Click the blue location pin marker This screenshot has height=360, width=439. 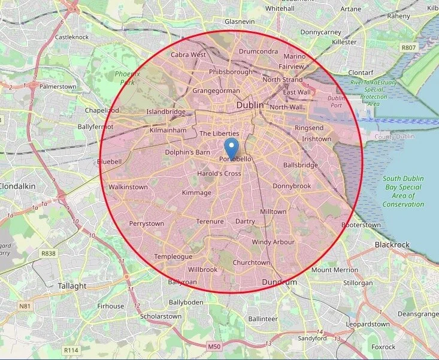tap(231, 147)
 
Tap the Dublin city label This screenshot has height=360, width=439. tap(250, 105)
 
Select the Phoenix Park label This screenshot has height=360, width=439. tap(126, 77)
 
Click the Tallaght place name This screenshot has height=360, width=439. tap(72, 286)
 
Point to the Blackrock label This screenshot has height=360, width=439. tap(392, 244)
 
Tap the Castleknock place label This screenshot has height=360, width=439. tap(72, 37)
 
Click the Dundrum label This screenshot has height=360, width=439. tap(280, 282)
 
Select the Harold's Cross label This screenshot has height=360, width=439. tap(219, 174)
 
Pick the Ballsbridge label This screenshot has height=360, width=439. tap(301, 165)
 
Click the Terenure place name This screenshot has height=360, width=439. tap(210, 222)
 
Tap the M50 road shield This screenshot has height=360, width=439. tap(214, 346)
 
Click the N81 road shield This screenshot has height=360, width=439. tap(25, 306)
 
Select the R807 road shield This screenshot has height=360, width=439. tap(409, 47)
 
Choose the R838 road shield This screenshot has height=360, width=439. tap(49, 253)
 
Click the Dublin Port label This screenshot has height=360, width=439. tap(337, 101)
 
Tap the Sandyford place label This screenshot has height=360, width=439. tap(313, 338)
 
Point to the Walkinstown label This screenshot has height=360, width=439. tap(128, 187)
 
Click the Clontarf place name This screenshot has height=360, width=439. tap(361, 72)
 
